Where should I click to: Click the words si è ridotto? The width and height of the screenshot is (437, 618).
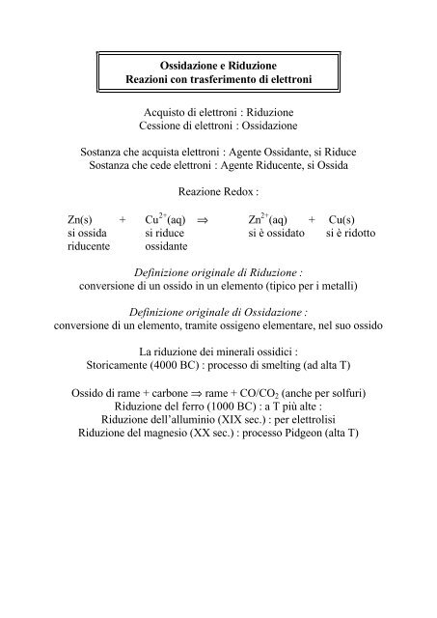click(351, 234)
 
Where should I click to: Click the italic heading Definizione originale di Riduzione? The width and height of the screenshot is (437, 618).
click(217, 274)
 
